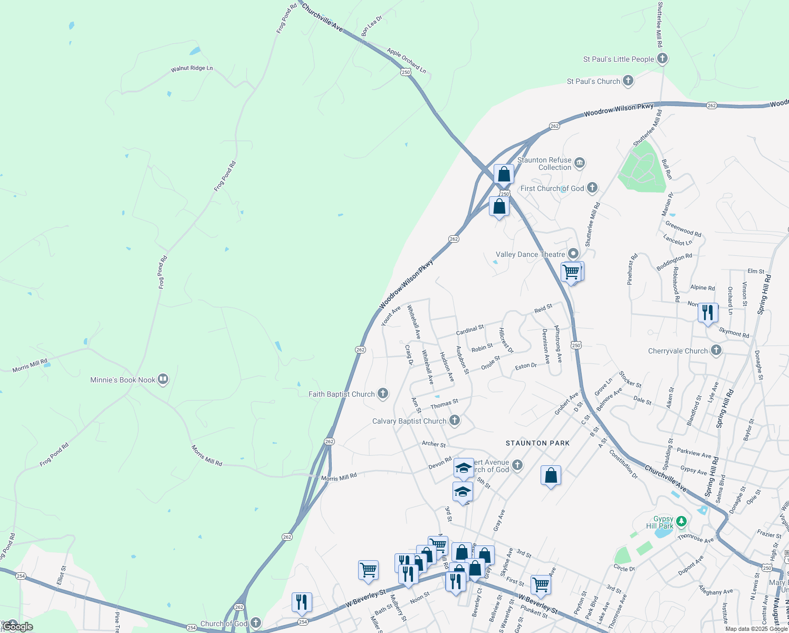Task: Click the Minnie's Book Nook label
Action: pyautogui.click(x=123, y=380)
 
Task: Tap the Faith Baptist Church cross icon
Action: pyautogui.click(x=383, y=394)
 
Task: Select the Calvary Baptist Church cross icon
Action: pyautogui.click(x=455, y=420)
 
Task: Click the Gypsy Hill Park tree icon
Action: pyautogui.click(x=681, y=522)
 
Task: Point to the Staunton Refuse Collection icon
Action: pyautogui.click(x=580, y=162)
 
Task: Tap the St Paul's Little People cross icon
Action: pyautogui.click(x=662, y=59)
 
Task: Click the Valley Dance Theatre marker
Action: pyautogui.click(x=573, y=254)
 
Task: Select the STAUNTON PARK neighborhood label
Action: pyautogui.click(x=537, y=443)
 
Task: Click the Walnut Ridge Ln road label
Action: pyautogui.click(x=191, y=69)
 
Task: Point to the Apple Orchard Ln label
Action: pyautogui.click(x=406, y=60)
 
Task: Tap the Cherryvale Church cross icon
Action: pyautogui.click(x=716, y=350)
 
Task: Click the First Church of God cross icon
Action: pyautogui.click(x=592, y=188)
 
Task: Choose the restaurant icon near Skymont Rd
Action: pyautogui.click(x=707, y=312)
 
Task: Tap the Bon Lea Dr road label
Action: pyautogui.click(x=371, y=26)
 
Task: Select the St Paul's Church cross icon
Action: pyautogui.click(x=628, y=81)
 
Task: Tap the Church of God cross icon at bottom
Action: pyautogui.click(x=256, y=623)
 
